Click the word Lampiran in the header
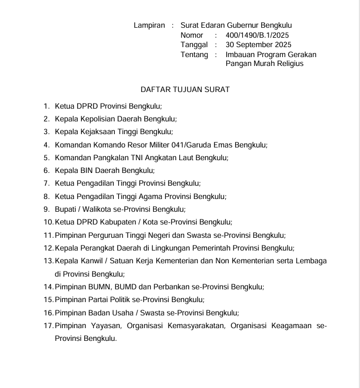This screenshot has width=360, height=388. (x=149, y=25)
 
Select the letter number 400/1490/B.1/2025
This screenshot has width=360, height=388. (x=257, y=35)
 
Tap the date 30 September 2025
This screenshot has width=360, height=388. (x=258, y=44)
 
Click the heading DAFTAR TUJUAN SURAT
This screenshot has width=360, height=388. (x=185, y=89)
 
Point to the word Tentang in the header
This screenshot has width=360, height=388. (x=194, y=54)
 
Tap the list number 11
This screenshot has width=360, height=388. (x=48, y=235)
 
